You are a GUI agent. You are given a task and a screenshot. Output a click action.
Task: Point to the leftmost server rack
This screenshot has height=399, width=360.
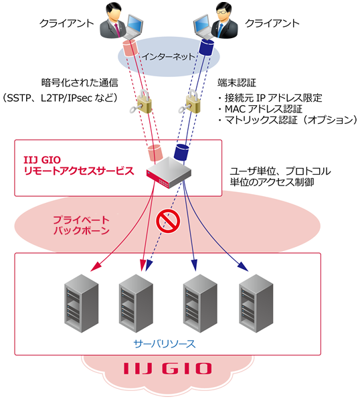click(x=80, y=301)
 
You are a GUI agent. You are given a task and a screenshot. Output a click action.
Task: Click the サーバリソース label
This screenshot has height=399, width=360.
click(x=167, y=343)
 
